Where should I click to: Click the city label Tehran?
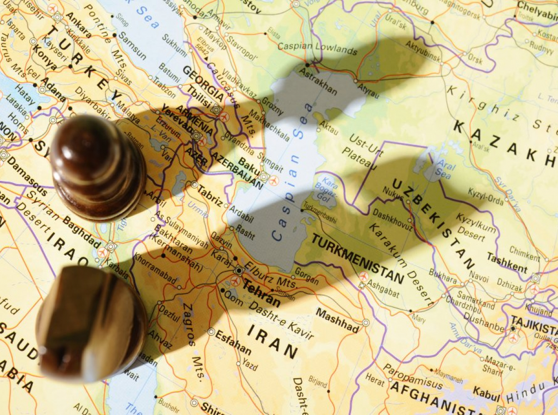pyautogui.click(x=262, y=293)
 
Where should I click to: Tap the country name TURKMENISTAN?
pyautogui.click(x=357, y=259)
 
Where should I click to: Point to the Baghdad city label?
pyautogui.click(x=81, y=231)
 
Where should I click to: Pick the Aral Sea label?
pyautogui.click(x=443, y=170)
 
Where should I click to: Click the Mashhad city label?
pyautogui.click(x=338, y=320)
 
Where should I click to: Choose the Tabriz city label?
pyautogui.click(x=210, y=195)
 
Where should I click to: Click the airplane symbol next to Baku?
pyautogui.click(x=274, y=181)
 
